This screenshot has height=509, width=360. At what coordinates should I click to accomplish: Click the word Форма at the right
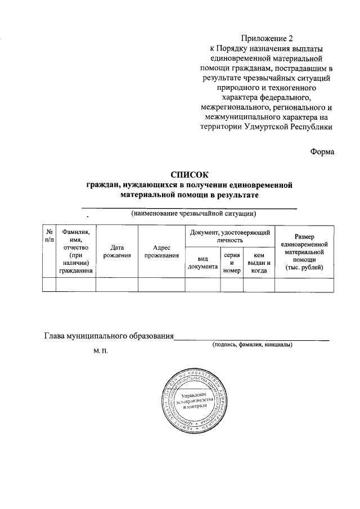tap(322, 151)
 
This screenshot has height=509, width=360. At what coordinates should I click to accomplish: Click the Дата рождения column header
tap(117, 251)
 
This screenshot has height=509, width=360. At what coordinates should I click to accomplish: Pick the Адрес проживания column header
tap(161, 251)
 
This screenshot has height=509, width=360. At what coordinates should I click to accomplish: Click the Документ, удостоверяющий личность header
tap(229, 236)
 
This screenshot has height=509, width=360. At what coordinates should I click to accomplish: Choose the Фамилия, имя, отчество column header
tap(76, 251)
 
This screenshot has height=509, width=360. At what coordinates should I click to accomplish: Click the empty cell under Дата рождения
tap(117, 285)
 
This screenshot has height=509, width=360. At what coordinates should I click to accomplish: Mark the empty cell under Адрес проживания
tap(161, 285)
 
